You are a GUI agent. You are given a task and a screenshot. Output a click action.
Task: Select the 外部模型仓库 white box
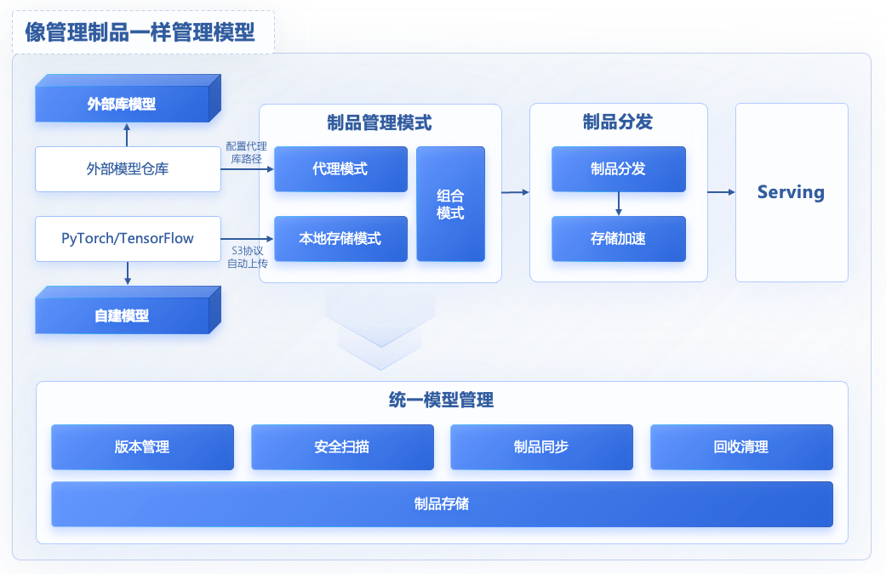[128, 169]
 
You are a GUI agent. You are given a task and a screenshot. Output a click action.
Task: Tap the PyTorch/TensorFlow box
[128, 238]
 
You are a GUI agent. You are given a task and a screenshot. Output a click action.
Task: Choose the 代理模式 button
[340, 169]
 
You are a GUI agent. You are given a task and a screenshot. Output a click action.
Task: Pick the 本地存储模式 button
[340, 239]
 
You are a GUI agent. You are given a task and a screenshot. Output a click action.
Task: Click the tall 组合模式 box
[450, 204]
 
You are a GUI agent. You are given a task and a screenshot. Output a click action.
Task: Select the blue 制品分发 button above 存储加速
[618, 169]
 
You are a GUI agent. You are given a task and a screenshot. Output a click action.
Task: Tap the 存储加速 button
[618, 239]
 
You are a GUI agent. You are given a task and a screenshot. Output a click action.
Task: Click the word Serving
[791, 192]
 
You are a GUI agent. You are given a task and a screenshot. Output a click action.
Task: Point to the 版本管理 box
[142, 447]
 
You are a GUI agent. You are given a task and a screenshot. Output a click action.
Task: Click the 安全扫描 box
[341, 447]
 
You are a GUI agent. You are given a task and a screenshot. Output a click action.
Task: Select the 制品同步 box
[541, 447]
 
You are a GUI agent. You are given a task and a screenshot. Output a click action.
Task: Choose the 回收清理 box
[741, 447]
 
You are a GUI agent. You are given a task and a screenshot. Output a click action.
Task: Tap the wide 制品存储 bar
[442, 504]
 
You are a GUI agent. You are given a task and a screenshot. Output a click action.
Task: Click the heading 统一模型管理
[442, 401]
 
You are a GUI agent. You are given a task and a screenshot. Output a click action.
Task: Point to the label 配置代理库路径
[246, 152]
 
